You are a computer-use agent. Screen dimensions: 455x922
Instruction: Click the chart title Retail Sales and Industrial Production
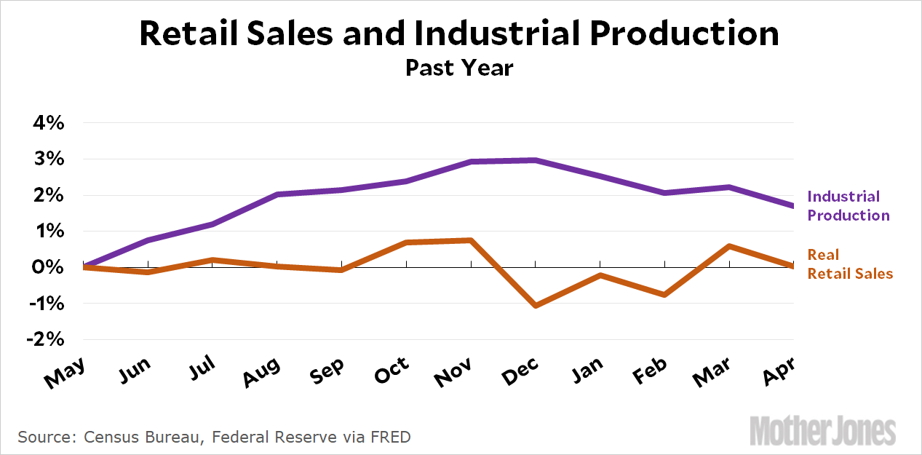click(460, 33)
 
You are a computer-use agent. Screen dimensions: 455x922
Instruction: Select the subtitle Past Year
click(460, 68)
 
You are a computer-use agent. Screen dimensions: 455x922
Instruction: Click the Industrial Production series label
click(848, 206)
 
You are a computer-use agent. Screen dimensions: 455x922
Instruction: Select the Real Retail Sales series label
click(849, 264)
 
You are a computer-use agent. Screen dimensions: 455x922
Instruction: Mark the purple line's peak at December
click(536, 160)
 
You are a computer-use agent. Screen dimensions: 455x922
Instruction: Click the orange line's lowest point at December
click(536, 306)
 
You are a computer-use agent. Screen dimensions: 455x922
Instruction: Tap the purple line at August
click(277, 194)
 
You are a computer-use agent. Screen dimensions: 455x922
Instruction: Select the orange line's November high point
click(472, 240)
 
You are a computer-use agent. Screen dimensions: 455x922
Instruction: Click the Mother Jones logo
click(822, 430)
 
